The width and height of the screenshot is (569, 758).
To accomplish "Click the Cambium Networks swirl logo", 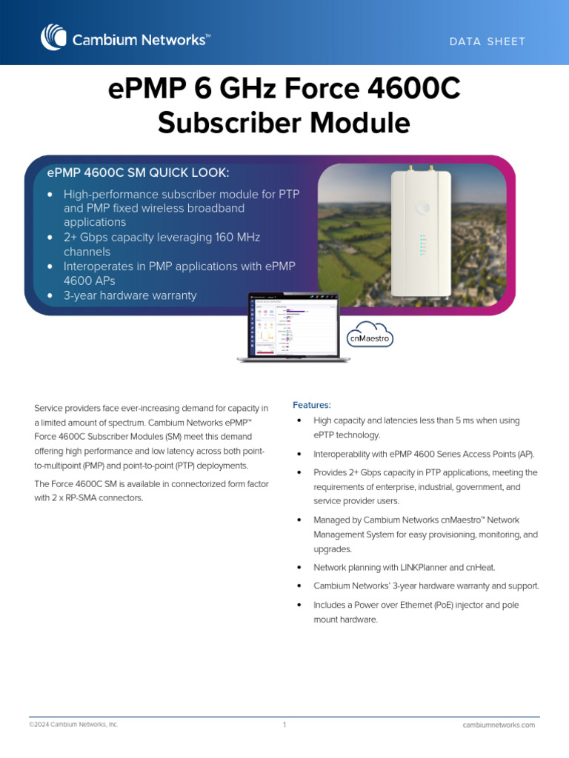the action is pyautogui.click(x=53, y=37).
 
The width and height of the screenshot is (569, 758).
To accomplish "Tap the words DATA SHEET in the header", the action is pyautogui.click(x=487, y=41).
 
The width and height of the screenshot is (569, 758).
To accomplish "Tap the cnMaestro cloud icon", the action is pyautogui.click(x=370, y=335).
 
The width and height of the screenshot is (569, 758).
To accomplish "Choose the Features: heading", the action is pyautogui.click(x=312, y=405).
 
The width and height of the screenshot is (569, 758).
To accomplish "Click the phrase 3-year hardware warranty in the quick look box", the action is pyautogui.click(x=130, y=295).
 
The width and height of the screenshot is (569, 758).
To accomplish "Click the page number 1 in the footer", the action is pyautogui.click(x=284, y=725).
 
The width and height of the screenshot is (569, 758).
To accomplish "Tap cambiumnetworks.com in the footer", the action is pyautogui.click(x=498, y=725).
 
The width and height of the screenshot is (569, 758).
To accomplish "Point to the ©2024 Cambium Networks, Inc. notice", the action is pyautogui.click(x=73, y=725).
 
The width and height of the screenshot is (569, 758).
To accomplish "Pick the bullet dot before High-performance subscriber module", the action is pyautogui.click(x=50, y=194).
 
